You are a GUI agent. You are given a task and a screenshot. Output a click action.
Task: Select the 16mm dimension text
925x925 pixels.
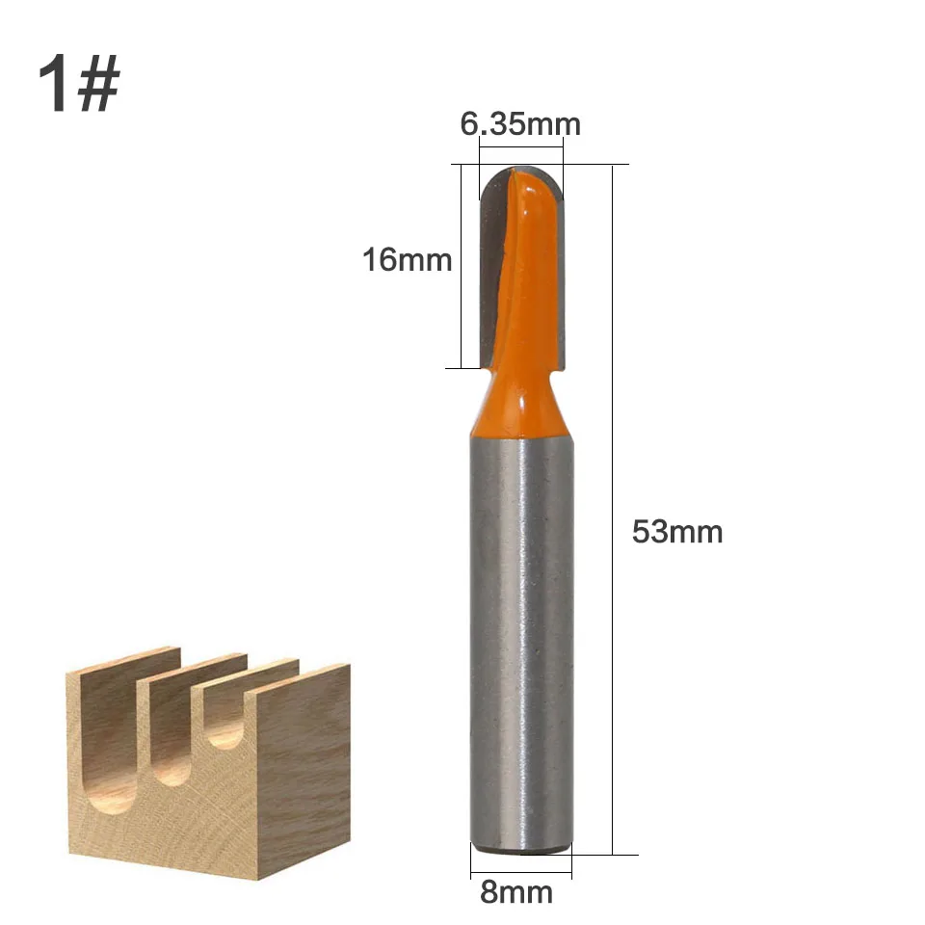[407, 259]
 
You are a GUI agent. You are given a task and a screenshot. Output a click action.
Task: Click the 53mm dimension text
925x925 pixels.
[676, 531]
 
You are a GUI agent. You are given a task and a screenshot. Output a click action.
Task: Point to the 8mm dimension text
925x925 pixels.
[516, 891]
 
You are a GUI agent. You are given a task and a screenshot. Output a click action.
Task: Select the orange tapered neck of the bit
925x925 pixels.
[520, 405]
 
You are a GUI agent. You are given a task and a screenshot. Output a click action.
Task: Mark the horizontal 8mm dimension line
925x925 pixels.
[520, 875]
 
